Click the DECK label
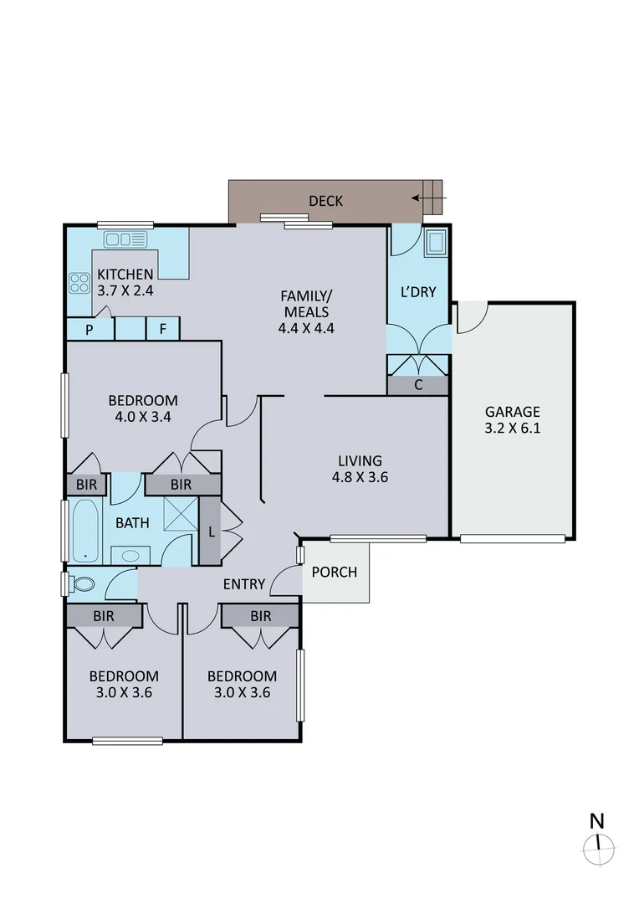[325, 201]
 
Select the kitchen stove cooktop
[79, 284]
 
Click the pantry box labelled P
[89, 330]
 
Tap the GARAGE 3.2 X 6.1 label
[512, 420]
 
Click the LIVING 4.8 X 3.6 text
[360, 470]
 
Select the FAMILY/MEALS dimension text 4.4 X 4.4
[306, 328]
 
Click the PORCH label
[335, 573]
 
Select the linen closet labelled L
[209, 532]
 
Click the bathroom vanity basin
[131, 555]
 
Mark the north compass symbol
[598, 848]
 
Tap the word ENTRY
[244, 584]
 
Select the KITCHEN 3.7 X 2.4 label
[125, 283]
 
